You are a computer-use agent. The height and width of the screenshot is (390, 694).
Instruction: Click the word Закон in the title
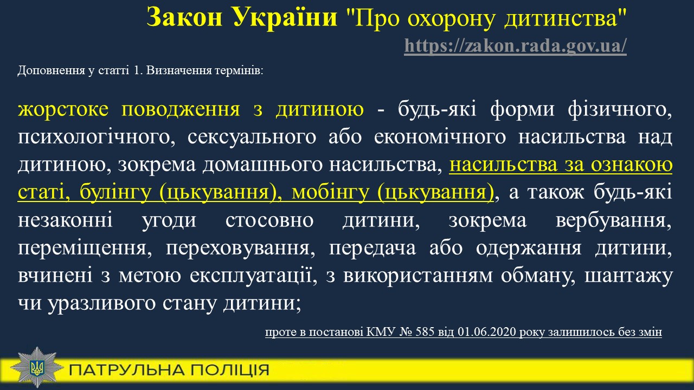point(184,17)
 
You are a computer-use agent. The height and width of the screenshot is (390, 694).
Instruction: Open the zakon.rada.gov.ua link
point(515,45)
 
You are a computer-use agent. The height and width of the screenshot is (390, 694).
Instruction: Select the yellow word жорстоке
point(63,109)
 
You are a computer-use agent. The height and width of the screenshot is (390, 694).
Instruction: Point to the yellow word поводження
point(181,109)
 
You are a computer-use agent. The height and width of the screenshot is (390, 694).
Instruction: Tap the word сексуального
point(252,137)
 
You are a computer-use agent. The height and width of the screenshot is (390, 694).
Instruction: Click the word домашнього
point(263,165)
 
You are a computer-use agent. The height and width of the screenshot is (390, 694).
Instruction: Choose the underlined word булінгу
point(115,192)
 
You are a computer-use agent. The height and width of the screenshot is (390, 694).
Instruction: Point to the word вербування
point(614,220)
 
